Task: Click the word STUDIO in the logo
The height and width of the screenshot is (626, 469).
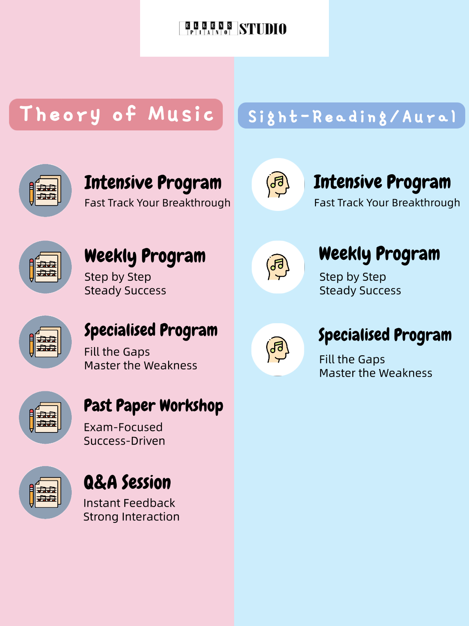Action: tap(262, 29)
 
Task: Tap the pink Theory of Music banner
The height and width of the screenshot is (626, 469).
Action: tap(116, 115)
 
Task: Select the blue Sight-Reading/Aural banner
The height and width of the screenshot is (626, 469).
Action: tap(352, 116)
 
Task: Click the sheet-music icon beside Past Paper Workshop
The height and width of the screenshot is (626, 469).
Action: tap(45, 417)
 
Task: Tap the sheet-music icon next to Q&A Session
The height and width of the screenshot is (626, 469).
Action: tap(45, 492)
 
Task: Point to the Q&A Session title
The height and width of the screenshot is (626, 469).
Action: tap(127, 483)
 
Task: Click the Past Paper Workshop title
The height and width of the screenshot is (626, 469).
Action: tap(153, 406)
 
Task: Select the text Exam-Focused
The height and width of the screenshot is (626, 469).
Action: tap(123, 427)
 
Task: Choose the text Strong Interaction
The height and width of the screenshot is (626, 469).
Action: tap(131, 517)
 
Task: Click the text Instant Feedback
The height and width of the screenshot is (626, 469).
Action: tap(129, 503)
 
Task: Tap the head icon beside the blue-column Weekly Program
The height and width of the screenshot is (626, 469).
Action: tap(278, 267)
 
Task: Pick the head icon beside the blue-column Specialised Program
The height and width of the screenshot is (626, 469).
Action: tap(278, 350)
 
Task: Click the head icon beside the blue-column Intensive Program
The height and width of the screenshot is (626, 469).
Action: tap(278, 184)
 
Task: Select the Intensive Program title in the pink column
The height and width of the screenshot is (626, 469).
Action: tap(153, 183)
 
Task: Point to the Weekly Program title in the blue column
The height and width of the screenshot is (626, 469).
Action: tap(379, 254)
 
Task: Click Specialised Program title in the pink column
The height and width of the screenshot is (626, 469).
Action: tap(151, 331)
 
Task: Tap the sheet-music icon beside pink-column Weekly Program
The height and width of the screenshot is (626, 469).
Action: tap(45, 267)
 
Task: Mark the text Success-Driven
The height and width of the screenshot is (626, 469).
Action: tap(125, 441)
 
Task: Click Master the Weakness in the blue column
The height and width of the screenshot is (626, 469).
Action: tap(376, 373)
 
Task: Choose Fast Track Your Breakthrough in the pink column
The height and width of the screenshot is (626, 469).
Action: tap(157, 203)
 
